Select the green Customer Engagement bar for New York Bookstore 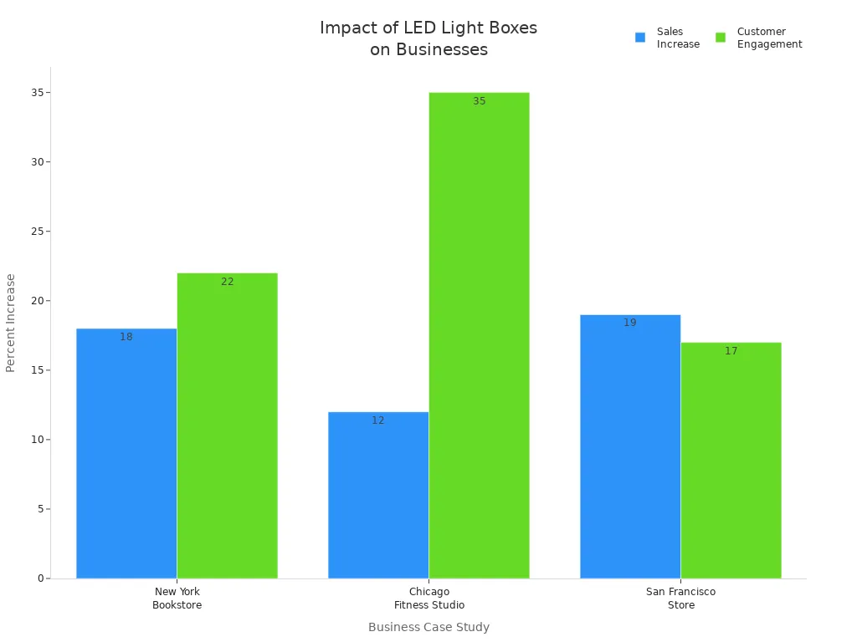pos(227,425)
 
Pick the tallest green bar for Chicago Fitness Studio pos(479,335)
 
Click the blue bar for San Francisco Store pos(630,446)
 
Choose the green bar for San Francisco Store pos(731,460)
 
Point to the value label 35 pos(479,101)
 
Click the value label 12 pos(378,420)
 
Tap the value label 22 pos(227,282)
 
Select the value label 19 pos(630,323)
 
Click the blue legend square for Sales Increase pos(640,38)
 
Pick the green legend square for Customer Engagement pos(721,38)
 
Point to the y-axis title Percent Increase pos(11,323)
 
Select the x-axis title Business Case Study pos(428,627)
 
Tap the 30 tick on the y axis pos(37,162)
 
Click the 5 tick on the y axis pos(40,509)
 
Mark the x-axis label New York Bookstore pos(177,599)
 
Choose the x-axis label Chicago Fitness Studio pos(429,599)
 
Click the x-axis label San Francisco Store pos(680,599)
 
